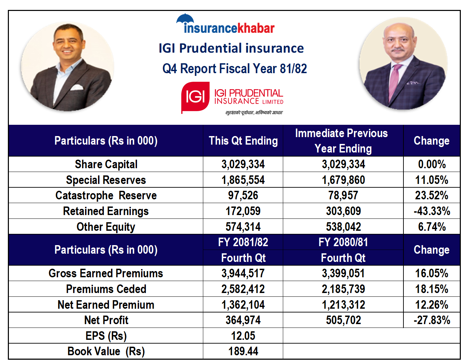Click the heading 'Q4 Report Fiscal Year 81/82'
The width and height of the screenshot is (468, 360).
234,69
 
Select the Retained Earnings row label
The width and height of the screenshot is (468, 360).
106,211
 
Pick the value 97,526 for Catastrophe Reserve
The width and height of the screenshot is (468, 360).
243,196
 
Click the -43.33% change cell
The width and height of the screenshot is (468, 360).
431,211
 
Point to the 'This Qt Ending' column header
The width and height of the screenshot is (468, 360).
243,141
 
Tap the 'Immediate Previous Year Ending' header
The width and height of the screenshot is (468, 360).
343,141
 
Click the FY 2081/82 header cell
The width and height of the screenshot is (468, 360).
243,242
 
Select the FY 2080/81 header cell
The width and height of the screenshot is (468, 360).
343,242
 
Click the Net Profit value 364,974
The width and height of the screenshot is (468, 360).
243,320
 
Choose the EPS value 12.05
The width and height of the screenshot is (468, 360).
243,336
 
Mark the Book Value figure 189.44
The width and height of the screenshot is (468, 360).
243,351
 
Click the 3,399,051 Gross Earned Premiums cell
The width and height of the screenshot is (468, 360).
343,274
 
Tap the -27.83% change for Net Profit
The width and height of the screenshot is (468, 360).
431,320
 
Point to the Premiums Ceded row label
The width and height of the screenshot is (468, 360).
106,289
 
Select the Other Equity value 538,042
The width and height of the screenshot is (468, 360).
343,227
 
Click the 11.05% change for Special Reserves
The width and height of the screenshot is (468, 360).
431,180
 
